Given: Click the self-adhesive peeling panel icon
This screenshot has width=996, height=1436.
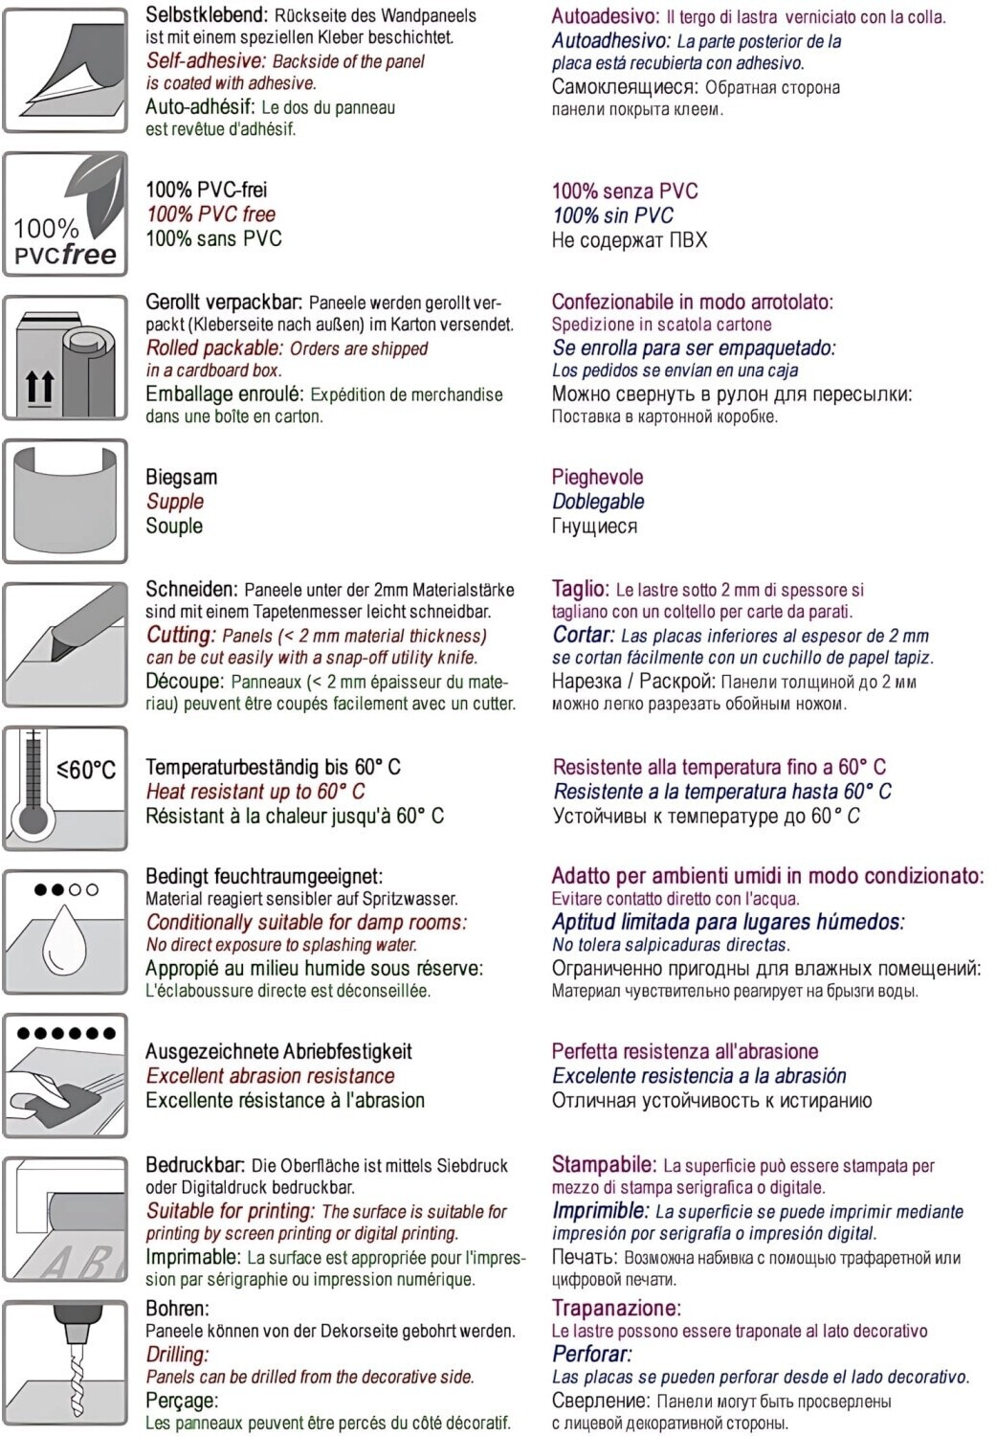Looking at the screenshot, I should point(65,70).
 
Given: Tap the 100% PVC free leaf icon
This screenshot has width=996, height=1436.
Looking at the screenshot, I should point(65,213).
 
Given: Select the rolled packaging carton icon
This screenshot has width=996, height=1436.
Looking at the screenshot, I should point(65,357).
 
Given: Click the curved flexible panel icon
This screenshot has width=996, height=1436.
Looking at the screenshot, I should point(65,501).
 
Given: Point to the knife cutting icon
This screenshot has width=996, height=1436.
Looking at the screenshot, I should point(65,644).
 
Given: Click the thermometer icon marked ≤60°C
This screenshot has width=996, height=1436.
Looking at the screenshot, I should point(65,788).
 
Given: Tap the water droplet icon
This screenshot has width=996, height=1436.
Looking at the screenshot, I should point(65,931).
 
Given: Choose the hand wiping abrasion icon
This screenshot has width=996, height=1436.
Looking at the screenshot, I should point(65,1075).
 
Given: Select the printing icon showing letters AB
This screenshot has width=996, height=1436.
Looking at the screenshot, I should point(65,1219).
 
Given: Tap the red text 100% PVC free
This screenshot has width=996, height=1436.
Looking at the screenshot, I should point(210,214).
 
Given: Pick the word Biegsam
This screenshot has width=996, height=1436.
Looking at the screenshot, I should point(181,477).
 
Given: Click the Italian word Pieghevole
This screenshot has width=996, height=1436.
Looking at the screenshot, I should point(597,477).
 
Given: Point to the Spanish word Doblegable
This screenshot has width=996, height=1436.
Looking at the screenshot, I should point(598,502).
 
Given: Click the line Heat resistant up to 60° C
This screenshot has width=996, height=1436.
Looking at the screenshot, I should point(255,792).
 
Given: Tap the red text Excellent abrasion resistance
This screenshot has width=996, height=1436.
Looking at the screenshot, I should point(270,1076).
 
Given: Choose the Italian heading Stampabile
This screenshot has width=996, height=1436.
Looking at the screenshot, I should point(604,1165).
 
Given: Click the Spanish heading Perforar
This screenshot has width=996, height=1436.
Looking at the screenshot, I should point(591,1354).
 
